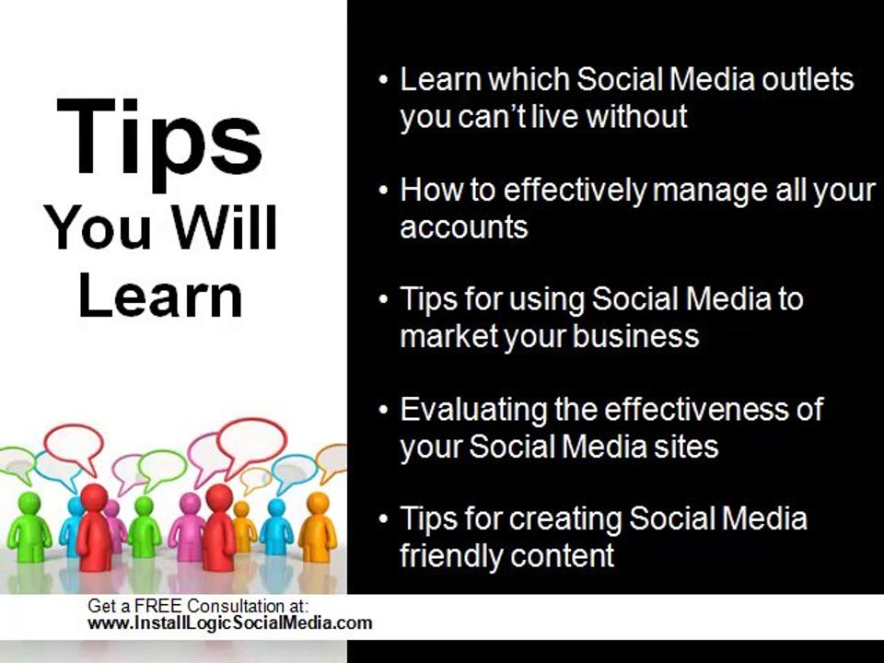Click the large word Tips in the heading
(x=158, y=139)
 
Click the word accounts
(x=463, y=227)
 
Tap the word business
(x=636, y=336)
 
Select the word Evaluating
(x=473, y=409)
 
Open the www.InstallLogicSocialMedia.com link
(x=229, y=622)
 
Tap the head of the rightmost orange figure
(x=317, y=504)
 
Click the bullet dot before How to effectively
(x=384, y=191)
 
